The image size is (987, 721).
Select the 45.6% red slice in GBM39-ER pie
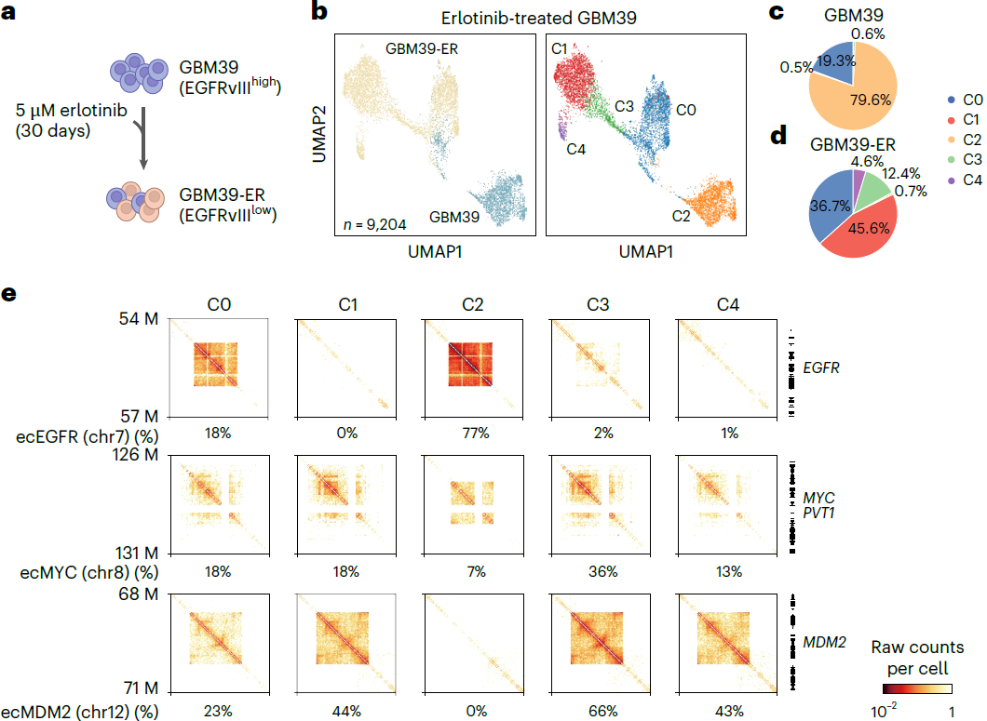coord(862,233)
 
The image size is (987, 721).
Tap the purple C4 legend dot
coord(951,180)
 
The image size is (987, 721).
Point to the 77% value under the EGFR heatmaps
coord(476,434)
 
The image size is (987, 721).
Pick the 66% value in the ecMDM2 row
coord(603,712)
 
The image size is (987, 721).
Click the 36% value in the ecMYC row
coord(603,572)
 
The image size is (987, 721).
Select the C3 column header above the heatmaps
coord(598,305)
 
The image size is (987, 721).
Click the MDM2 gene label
coord(825,642)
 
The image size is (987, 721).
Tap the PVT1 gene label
coord(819,514)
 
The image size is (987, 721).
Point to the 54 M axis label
coord(139,319)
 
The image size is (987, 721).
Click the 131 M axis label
coord(137,553)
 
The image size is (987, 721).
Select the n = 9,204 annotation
coord(374,224)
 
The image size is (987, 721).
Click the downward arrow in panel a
coord(143,139)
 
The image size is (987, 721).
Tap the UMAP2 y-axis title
coord(319,134)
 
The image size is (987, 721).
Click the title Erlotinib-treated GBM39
coord(539,18)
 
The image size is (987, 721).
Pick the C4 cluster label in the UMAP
coord(576,150)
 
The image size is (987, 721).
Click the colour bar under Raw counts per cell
coord(917,688)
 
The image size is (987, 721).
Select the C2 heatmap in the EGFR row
coord(473,368)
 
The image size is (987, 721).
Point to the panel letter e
coord(8,294)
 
